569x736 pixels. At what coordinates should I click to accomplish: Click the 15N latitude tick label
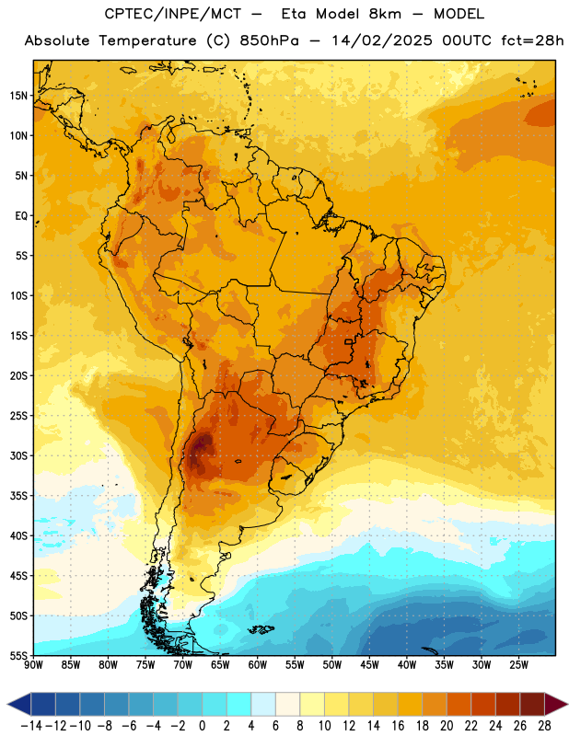click(18, 96)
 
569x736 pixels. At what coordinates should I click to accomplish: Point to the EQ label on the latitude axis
click(21, 216)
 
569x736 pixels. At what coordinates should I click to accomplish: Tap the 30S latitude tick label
click(18, 455)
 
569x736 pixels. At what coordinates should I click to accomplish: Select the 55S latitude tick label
click(18, 656)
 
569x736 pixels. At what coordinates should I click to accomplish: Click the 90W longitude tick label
click(33, 665)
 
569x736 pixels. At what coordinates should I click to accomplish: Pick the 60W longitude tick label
click(258, 665)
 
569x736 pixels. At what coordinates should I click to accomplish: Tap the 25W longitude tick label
click(518, 665)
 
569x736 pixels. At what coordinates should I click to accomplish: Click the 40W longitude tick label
click(407, 665)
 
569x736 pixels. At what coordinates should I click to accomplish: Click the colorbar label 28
click(544, 726)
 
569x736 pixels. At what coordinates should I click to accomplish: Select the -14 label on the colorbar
click(31, 726)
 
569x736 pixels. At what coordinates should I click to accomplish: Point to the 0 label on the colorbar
click(202, 726)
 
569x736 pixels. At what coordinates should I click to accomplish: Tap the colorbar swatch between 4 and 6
click(263, 704)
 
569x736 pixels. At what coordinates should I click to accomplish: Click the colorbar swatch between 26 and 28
click(532, 704)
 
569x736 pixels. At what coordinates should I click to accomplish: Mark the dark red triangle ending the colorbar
click(553, 704)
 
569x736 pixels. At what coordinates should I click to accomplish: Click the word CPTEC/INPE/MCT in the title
click(172, 14)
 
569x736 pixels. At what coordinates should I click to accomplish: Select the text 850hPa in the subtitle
click(269, 40)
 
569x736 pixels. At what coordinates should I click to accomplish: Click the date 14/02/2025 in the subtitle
click(381, 40)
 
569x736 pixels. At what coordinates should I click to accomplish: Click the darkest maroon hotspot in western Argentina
click(202, 443)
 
